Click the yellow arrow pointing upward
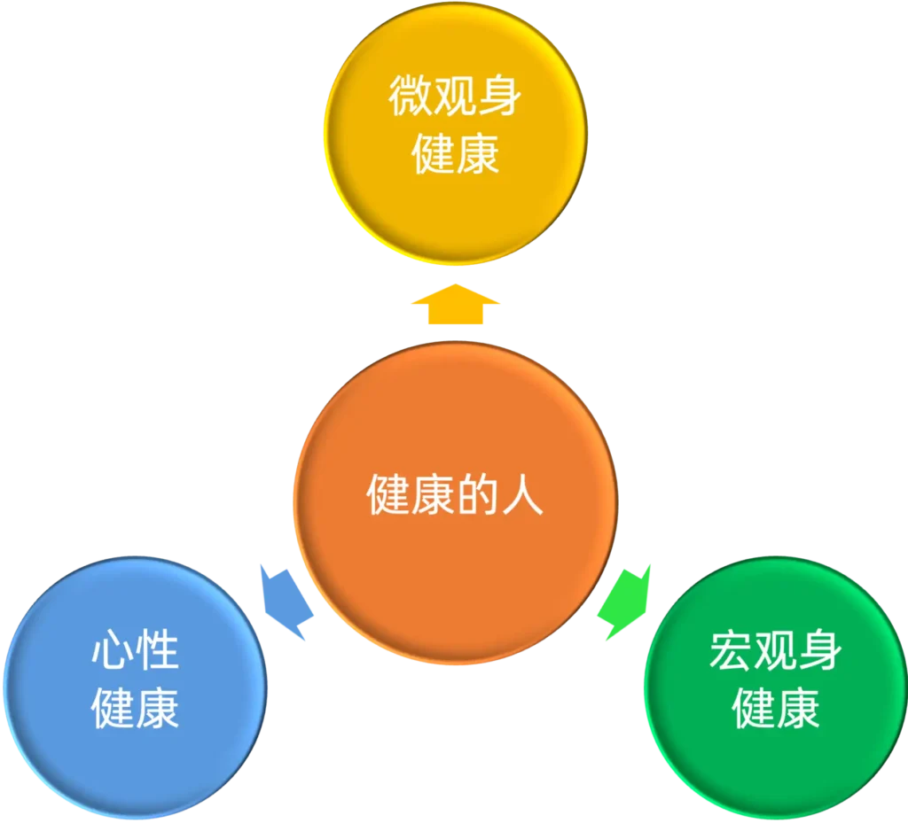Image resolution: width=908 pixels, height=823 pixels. pos(455,304)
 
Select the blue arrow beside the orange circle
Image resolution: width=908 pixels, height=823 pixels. pos(286,600)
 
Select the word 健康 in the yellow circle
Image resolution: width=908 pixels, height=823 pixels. pos(455,152)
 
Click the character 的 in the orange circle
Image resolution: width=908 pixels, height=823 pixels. pos(477,496)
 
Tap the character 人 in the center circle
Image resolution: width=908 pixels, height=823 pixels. pos(521,496)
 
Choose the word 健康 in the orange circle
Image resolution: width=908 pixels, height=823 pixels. pos(411,496)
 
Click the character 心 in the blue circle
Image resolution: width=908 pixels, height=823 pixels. pos(113,653)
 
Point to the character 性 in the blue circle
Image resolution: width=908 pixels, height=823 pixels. pos(158,653)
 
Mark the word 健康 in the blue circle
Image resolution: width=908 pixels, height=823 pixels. pos(135,708)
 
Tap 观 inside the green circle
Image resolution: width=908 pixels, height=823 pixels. pos(776,653)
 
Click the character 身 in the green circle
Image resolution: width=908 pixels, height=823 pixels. pos(820,653)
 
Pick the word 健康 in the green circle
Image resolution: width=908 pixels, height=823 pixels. pos(776,708)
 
